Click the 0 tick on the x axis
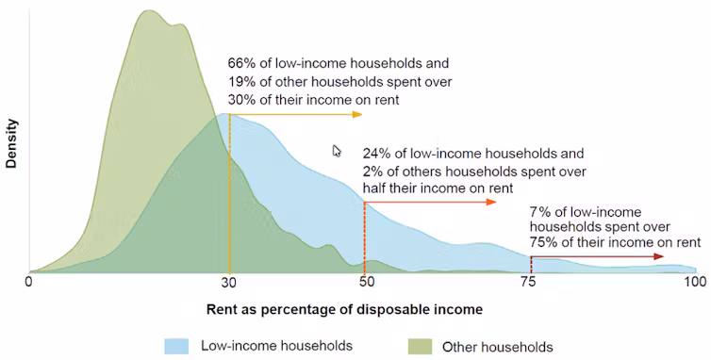29,281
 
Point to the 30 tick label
229,281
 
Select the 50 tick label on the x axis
364,281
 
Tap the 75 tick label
530,281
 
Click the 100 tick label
694,281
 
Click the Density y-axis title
11,142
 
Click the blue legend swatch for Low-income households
178,345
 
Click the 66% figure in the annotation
240,65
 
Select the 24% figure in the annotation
375,154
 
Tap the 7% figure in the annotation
539,212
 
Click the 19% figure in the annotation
240,82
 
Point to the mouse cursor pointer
337,150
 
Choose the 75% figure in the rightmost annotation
544,242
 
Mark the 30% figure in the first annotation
240,99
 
